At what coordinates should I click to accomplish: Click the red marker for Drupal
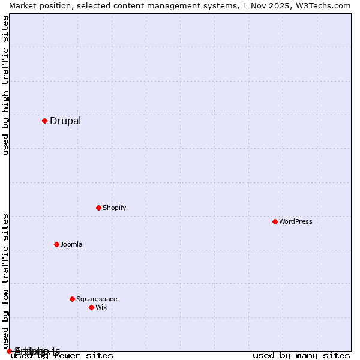[44, 121]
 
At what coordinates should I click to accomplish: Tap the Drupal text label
[65, 121]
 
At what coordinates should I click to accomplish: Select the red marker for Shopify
[98, 208]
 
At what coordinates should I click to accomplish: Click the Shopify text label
[114, 208]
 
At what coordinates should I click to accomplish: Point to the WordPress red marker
[275, 221]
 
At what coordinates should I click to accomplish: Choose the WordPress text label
[296, 221]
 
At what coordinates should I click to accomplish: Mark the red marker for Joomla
[56, 244]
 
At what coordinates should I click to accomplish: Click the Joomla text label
[71, 244]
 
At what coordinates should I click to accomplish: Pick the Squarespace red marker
[72, 299]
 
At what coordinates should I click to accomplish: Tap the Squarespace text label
[97, 299]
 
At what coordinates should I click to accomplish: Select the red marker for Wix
[91, 307]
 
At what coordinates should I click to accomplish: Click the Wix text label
[101, 307]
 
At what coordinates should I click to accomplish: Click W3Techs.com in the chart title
[326, 5]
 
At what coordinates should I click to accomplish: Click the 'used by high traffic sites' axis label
[5, 85]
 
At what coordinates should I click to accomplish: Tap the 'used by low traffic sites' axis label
[5, 281]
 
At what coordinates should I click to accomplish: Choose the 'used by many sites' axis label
[301, 355]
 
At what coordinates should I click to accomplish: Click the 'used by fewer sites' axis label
[62, 356]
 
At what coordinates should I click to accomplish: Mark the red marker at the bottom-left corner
[9, 351]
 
